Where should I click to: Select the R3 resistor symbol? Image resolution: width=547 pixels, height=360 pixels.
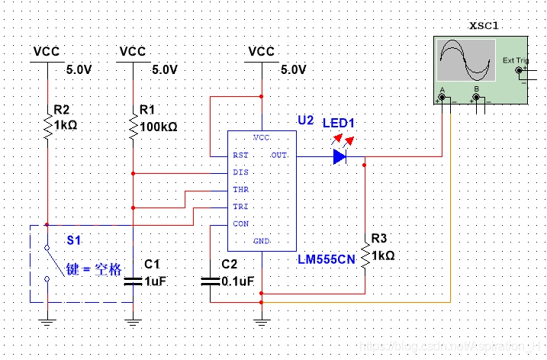365,254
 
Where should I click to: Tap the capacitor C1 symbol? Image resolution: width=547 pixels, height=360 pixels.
133,281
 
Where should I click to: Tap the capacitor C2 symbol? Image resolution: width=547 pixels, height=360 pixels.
211,281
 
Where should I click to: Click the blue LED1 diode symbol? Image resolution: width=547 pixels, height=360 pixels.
339,157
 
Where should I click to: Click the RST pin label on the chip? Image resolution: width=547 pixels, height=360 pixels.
240,155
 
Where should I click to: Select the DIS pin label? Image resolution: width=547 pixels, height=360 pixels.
240,172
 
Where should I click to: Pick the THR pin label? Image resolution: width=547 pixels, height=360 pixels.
240,190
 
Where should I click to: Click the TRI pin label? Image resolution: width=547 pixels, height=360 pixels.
240,207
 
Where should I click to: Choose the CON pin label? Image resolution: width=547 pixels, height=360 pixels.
240,224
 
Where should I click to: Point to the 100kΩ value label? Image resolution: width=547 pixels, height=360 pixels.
159,127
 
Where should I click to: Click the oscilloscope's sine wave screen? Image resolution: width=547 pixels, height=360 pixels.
466,61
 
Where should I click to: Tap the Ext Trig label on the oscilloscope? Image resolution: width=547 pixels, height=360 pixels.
515,60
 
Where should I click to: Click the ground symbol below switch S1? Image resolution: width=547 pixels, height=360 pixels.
47,321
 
